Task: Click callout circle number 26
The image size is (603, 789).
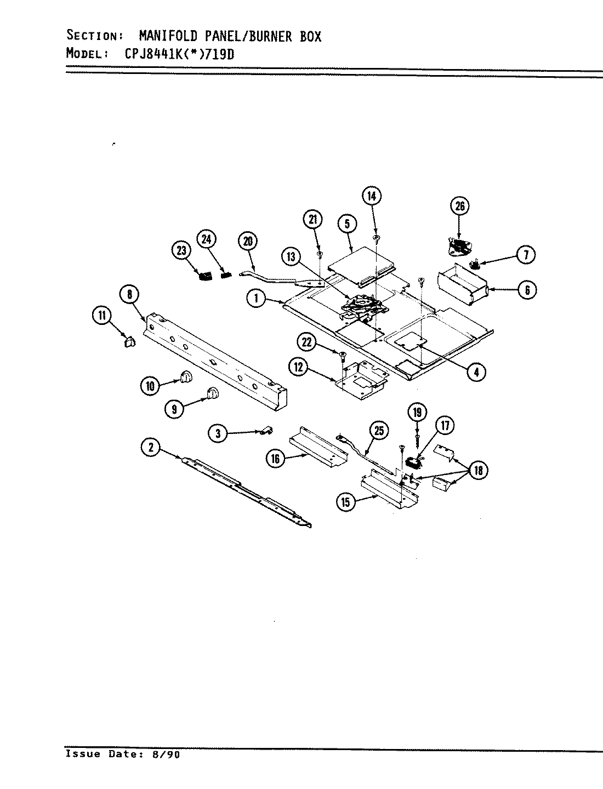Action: pyautogui.click(x=459, y=207)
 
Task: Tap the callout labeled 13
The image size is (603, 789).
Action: pyautogui.click(x=291, y=256)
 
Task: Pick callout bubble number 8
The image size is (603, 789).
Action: pyautogui.click(x=130, y=295)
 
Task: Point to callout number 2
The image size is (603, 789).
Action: pyautogui.click(x=150, y=448)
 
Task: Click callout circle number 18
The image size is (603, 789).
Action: pyautogui.click(x=479, y=470)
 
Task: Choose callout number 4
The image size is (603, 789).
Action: pyautogui.click(x=475, y=372)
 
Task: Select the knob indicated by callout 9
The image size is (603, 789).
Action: pyautogui.click(x=212, y=392)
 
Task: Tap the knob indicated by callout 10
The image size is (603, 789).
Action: pyautogui.click(x=185, y=376)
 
